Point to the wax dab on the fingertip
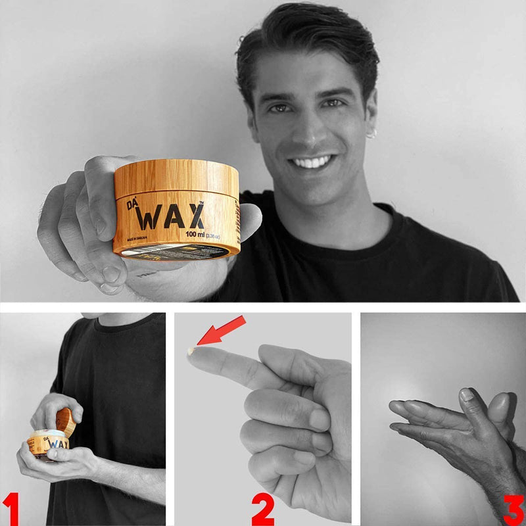191,352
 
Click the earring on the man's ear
371,133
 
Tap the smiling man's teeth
312,162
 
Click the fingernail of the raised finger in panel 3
467,395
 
